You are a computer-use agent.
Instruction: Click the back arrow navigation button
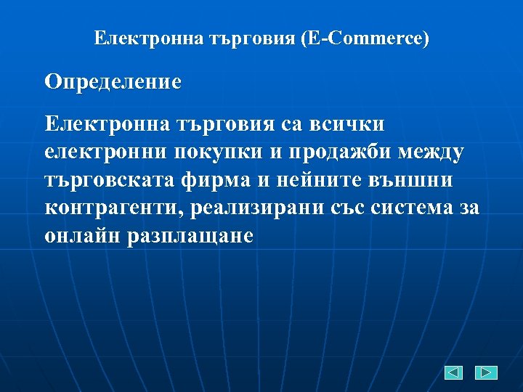(x=453, y=373)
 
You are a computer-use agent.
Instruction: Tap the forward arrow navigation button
(x=486, y=373)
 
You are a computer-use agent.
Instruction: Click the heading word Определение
(x=113, y=81)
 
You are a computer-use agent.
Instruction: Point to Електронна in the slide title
(x=138, y=38)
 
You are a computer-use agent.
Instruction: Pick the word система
(x=414, y=208)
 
